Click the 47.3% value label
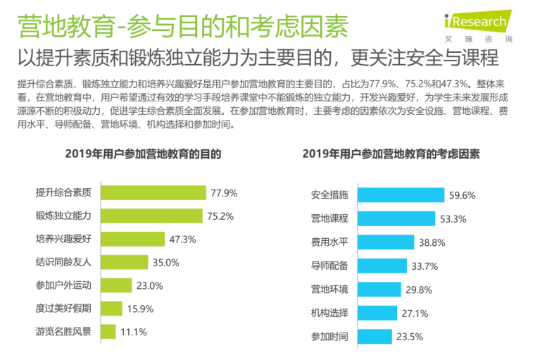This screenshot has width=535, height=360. (x=182, y=239)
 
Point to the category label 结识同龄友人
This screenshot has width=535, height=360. (x=63, y=262)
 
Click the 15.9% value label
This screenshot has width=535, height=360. (x=140, y=308)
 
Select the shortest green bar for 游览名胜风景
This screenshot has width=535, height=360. (x=108, y=331)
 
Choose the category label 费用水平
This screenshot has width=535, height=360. (x=329, y=242)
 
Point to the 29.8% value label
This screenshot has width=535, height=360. (x=420, y=290)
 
